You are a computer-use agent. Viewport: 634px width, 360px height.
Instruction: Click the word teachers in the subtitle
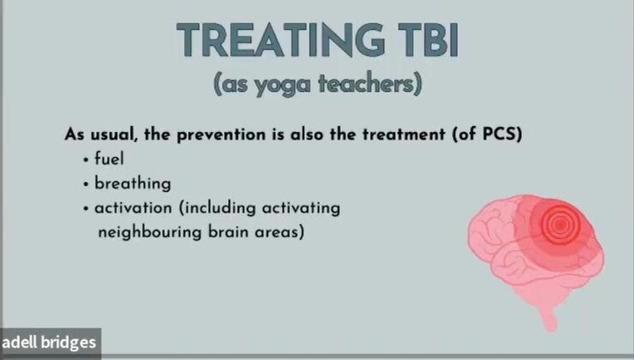368,86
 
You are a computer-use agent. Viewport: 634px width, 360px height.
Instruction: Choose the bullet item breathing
133,183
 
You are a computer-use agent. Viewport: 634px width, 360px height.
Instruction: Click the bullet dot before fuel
87,160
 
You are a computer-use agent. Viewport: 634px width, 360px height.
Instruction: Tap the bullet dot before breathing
87,184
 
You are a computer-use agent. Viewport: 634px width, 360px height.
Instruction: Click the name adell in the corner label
21,344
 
